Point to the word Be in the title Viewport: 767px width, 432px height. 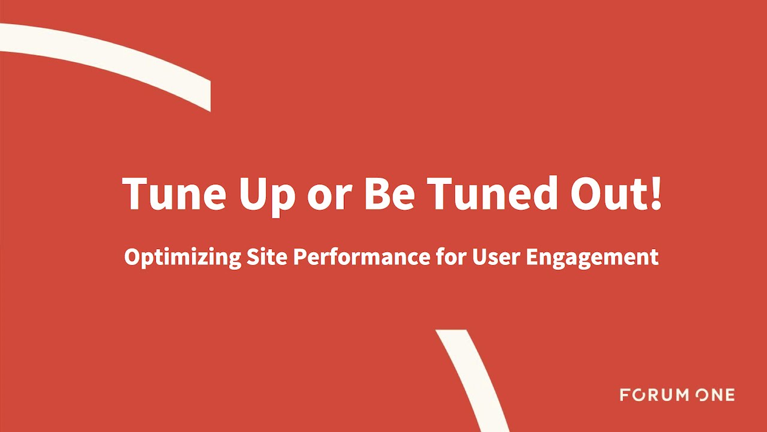[389, 193]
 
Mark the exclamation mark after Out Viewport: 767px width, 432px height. [656, 193]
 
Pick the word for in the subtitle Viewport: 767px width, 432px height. [449, 257]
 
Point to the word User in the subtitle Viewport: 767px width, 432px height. [496, 257]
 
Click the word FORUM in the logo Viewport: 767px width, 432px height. [654, 395]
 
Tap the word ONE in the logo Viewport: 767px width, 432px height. [715, 395]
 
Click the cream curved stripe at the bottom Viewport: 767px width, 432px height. [473, 378]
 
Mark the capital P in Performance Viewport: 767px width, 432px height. [298, 257]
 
